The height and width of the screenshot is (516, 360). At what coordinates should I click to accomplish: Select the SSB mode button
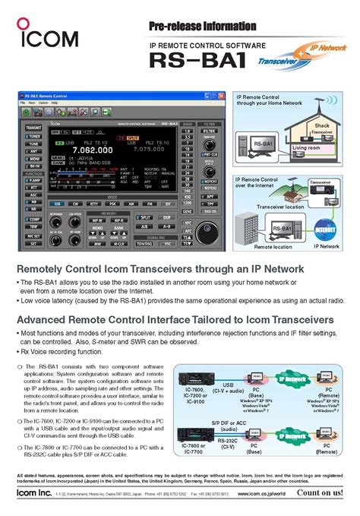click(x=57, y=204)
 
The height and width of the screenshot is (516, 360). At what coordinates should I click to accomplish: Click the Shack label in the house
click(x=322, y=125)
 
